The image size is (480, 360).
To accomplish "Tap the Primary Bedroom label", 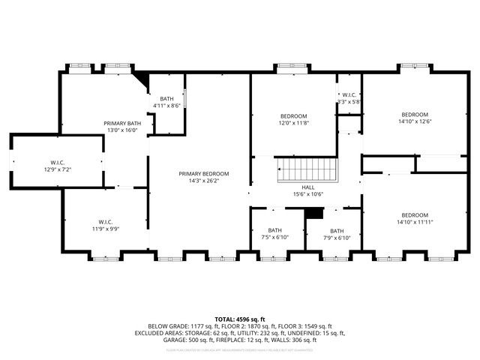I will pos(204,173).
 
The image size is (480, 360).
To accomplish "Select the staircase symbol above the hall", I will pos(307,169).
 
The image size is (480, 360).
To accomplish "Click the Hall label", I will pos(307,187).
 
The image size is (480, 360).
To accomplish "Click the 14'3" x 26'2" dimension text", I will pos(204,181).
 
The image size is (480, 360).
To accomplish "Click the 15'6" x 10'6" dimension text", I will pos(307,194).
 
